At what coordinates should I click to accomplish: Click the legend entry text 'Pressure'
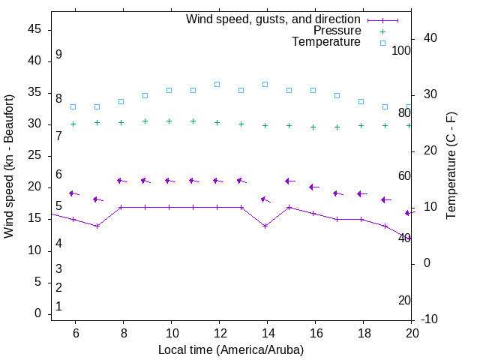pos(337,31)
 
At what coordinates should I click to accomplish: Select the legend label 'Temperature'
pos(326,42)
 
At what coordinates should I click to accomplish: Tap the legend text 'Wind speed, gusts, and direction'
pos(274,19)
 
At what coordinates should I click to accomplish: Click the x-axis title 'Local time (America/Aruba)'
pos(231,349)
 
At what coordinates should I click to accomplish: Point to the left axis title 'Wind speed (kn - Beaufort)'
pos(9,166)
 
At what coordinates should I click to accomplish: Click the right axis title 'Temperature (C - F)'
pos(451,166)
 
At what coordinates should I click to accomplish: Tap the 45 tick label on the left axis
pos(34,29)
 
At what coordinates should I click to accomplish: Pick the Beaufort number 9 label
pos(58,55)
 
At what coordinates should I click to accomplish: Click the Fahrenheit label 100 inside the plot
pos(401,50)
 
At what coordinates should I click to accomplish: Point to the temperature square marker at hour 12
pos(217,84)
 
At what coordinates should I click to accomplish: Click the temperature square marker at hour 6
pos(73,106)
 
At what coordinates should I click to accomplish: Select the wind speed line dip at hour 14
pos(265,226)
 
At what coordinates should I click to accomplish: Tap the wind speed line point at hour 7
pos(97,226)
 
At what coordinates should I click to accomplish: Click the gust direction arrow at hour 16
pos(313,187)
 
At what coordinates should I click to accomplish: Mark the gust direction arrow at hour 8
pos(121,181)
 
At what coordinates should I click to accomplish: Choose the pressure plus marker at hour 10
pos(169,121)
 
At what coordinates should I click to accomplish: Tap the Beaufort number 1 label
pos(58,307)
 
